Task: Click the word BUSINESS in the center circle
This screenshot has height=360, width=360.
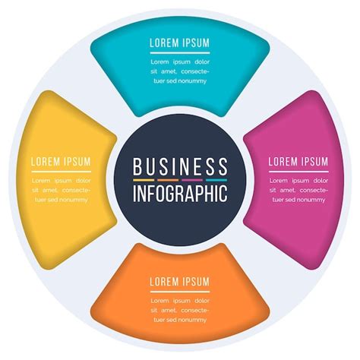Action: [x=180, y=167]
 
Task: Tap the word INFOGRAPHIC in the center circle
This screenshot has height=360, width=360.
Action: [x=180, y=193]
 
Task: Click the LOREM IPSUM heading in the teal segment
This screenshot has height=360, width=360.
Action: [x=180, y=43]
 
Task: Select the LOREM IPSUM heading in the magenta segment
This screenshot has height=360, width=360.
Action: [x=298, y=162]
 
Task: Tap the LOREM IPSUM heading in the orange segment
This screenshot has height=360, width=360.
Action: [x=180, y=282]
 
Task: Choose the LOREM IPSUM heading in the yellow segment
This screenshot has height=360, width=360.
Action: [x=61, y=162]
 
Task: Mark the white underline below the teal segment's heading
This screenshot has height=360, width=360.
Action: [x=180, y=52]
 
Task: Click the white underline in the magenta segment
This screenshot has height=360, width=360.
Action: [x=298, y=172]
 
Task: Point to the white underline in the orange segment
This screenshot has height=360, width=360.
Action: [x=180, y=291]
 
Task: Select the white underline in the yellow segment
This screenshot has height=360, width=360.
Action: [x=61, y=172]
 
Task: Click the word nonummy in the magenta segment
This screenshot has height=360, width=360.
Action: [x=313, y=200]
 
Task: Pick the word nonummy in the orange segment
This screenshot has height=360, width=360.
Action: [x=194, y=320]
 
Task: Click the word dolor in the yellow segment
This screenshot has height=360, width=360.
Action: [x=82, y=181]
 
